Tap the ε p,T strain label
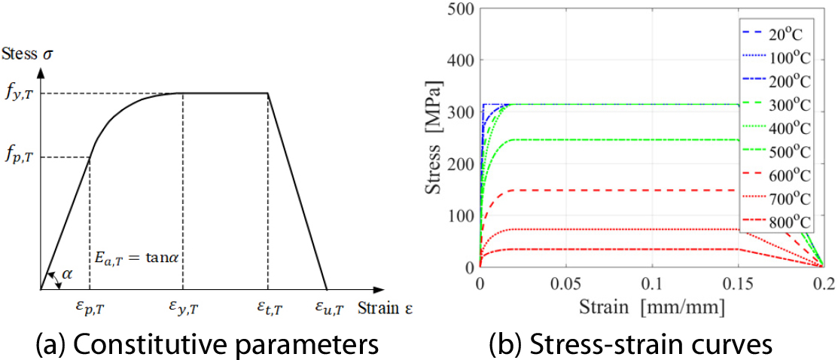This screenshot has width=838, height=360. tap(90, 308)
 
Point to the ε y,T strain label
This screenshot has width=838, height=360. tap(183, 308)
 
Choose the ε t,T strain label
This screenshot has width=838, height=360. tap(267, 308)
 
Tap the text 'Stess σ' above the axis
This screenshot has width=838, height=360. tap(32, 54)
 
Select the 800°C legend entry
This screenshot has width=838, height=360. tap(790, 222)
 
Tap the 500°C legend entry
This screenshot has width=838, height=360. tap(790, 151)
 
